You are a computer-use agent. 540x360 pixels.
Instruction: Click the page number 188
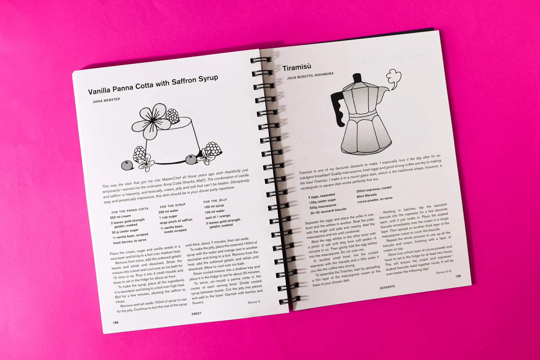(115, 323)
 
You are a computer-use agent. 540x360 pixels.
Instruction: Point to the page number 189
(458, 276)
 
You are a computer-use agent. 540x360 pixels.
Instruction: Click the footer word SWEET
(196, 313)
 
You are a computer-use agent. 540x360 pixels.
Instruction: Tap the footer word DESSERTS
(387, 287)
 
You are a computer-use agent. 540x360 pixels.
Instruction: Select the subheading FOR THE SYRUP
(172, 205)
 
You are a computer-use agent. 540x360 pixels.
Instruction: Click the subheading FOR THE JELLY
(215, 201)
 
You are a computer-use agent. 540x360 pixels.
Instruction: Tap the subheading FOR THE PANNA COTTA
(130, 210)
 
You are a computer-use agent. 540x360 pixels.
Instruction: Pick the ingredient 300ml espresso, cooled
(374, 189)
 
